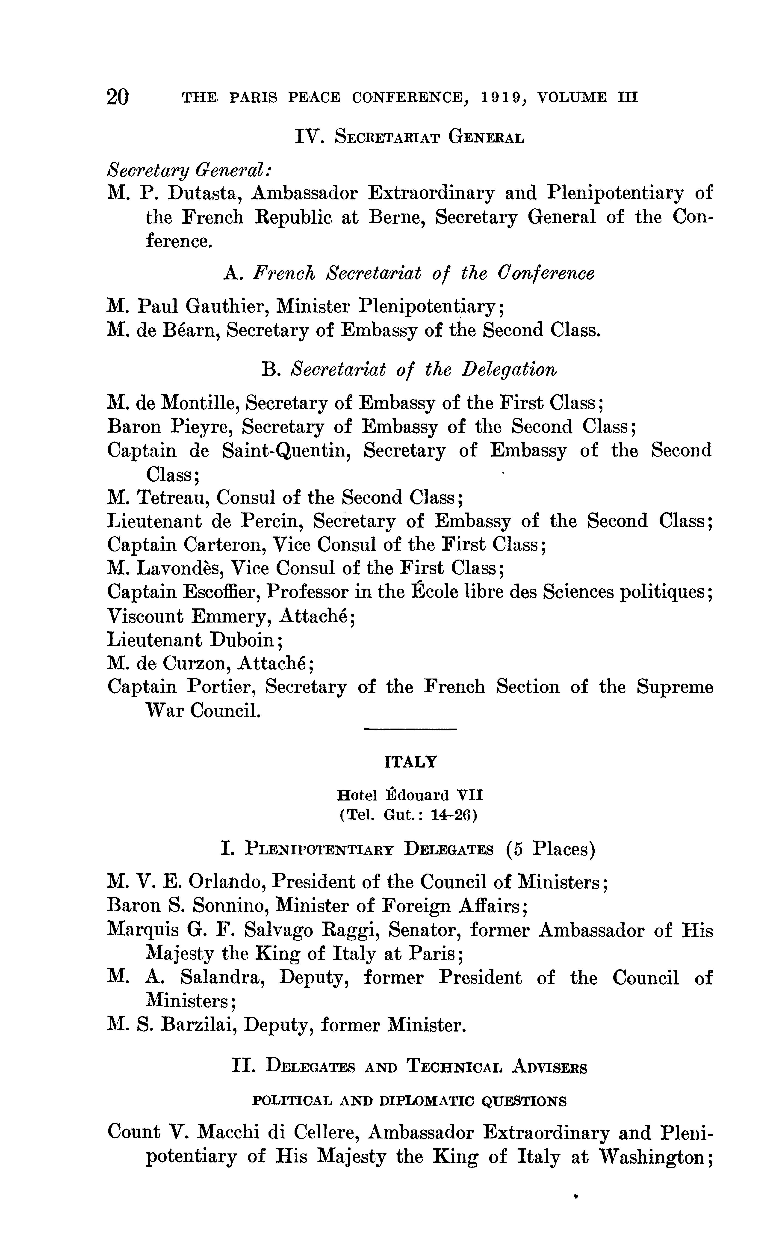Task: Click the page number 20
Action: [118, 96]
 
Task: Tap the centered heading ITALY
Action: [410, 762]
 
